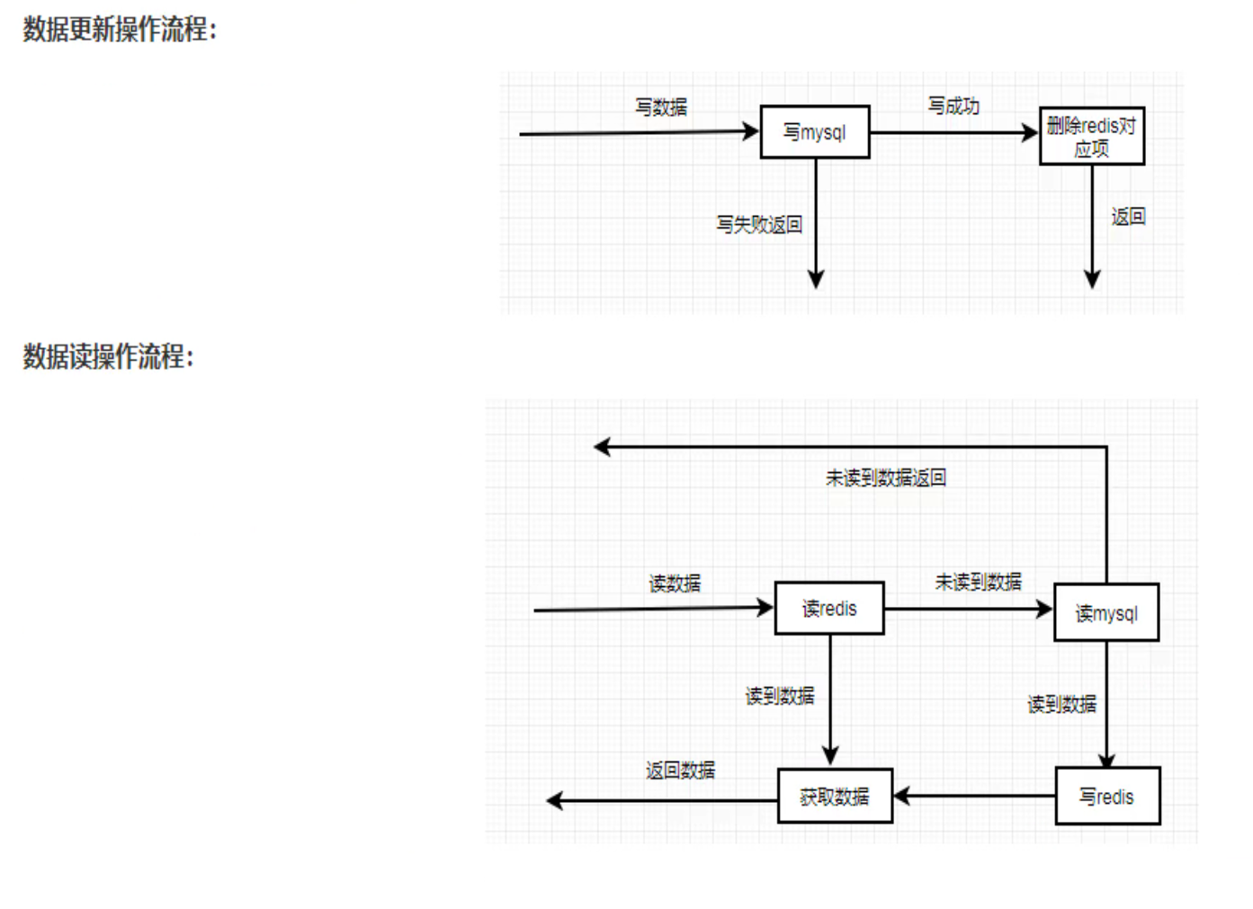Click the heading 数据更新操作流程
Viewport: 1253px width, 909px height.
point(120,30)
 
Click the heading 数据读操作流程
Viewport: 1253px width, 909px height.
point(108,357)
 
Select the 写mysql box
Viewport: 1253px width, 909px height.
point(815,132)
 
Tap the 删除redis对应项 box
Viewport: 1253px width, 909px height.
point(1091,137)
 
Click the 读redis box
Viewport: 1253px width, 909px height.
point(829,609)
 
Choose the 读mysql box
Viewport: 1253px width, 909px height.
point(1106,613)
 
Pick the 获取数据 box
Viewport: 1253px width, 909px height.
point(835,796)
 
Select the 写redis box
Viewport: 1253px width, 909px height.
point(1107,797)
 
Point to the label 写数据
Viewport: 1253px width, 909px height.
point(661,107)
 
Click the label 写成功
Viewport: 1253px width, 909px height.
point(953,106)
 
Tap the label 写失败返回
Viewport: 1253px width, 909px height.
point(759,224)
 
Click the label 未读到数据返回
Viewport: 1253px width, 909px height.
point(886,477)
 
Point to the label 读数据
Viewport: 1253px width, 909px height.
point(675,584)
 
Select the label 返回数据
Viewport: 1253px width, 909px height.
point(680,771)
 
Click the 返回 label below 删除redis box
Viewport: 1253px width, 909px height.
point(1128,217)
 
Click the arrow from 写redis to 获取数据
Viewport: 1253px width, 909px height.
point(976,796)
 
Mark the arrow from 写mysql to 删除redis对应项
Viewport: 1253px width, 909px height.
point(953,133)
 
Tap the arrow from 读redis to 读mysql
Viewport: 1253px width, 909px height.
point(967,609)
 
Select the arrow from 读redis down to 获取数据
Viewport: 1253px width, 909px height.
point(830,701)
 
